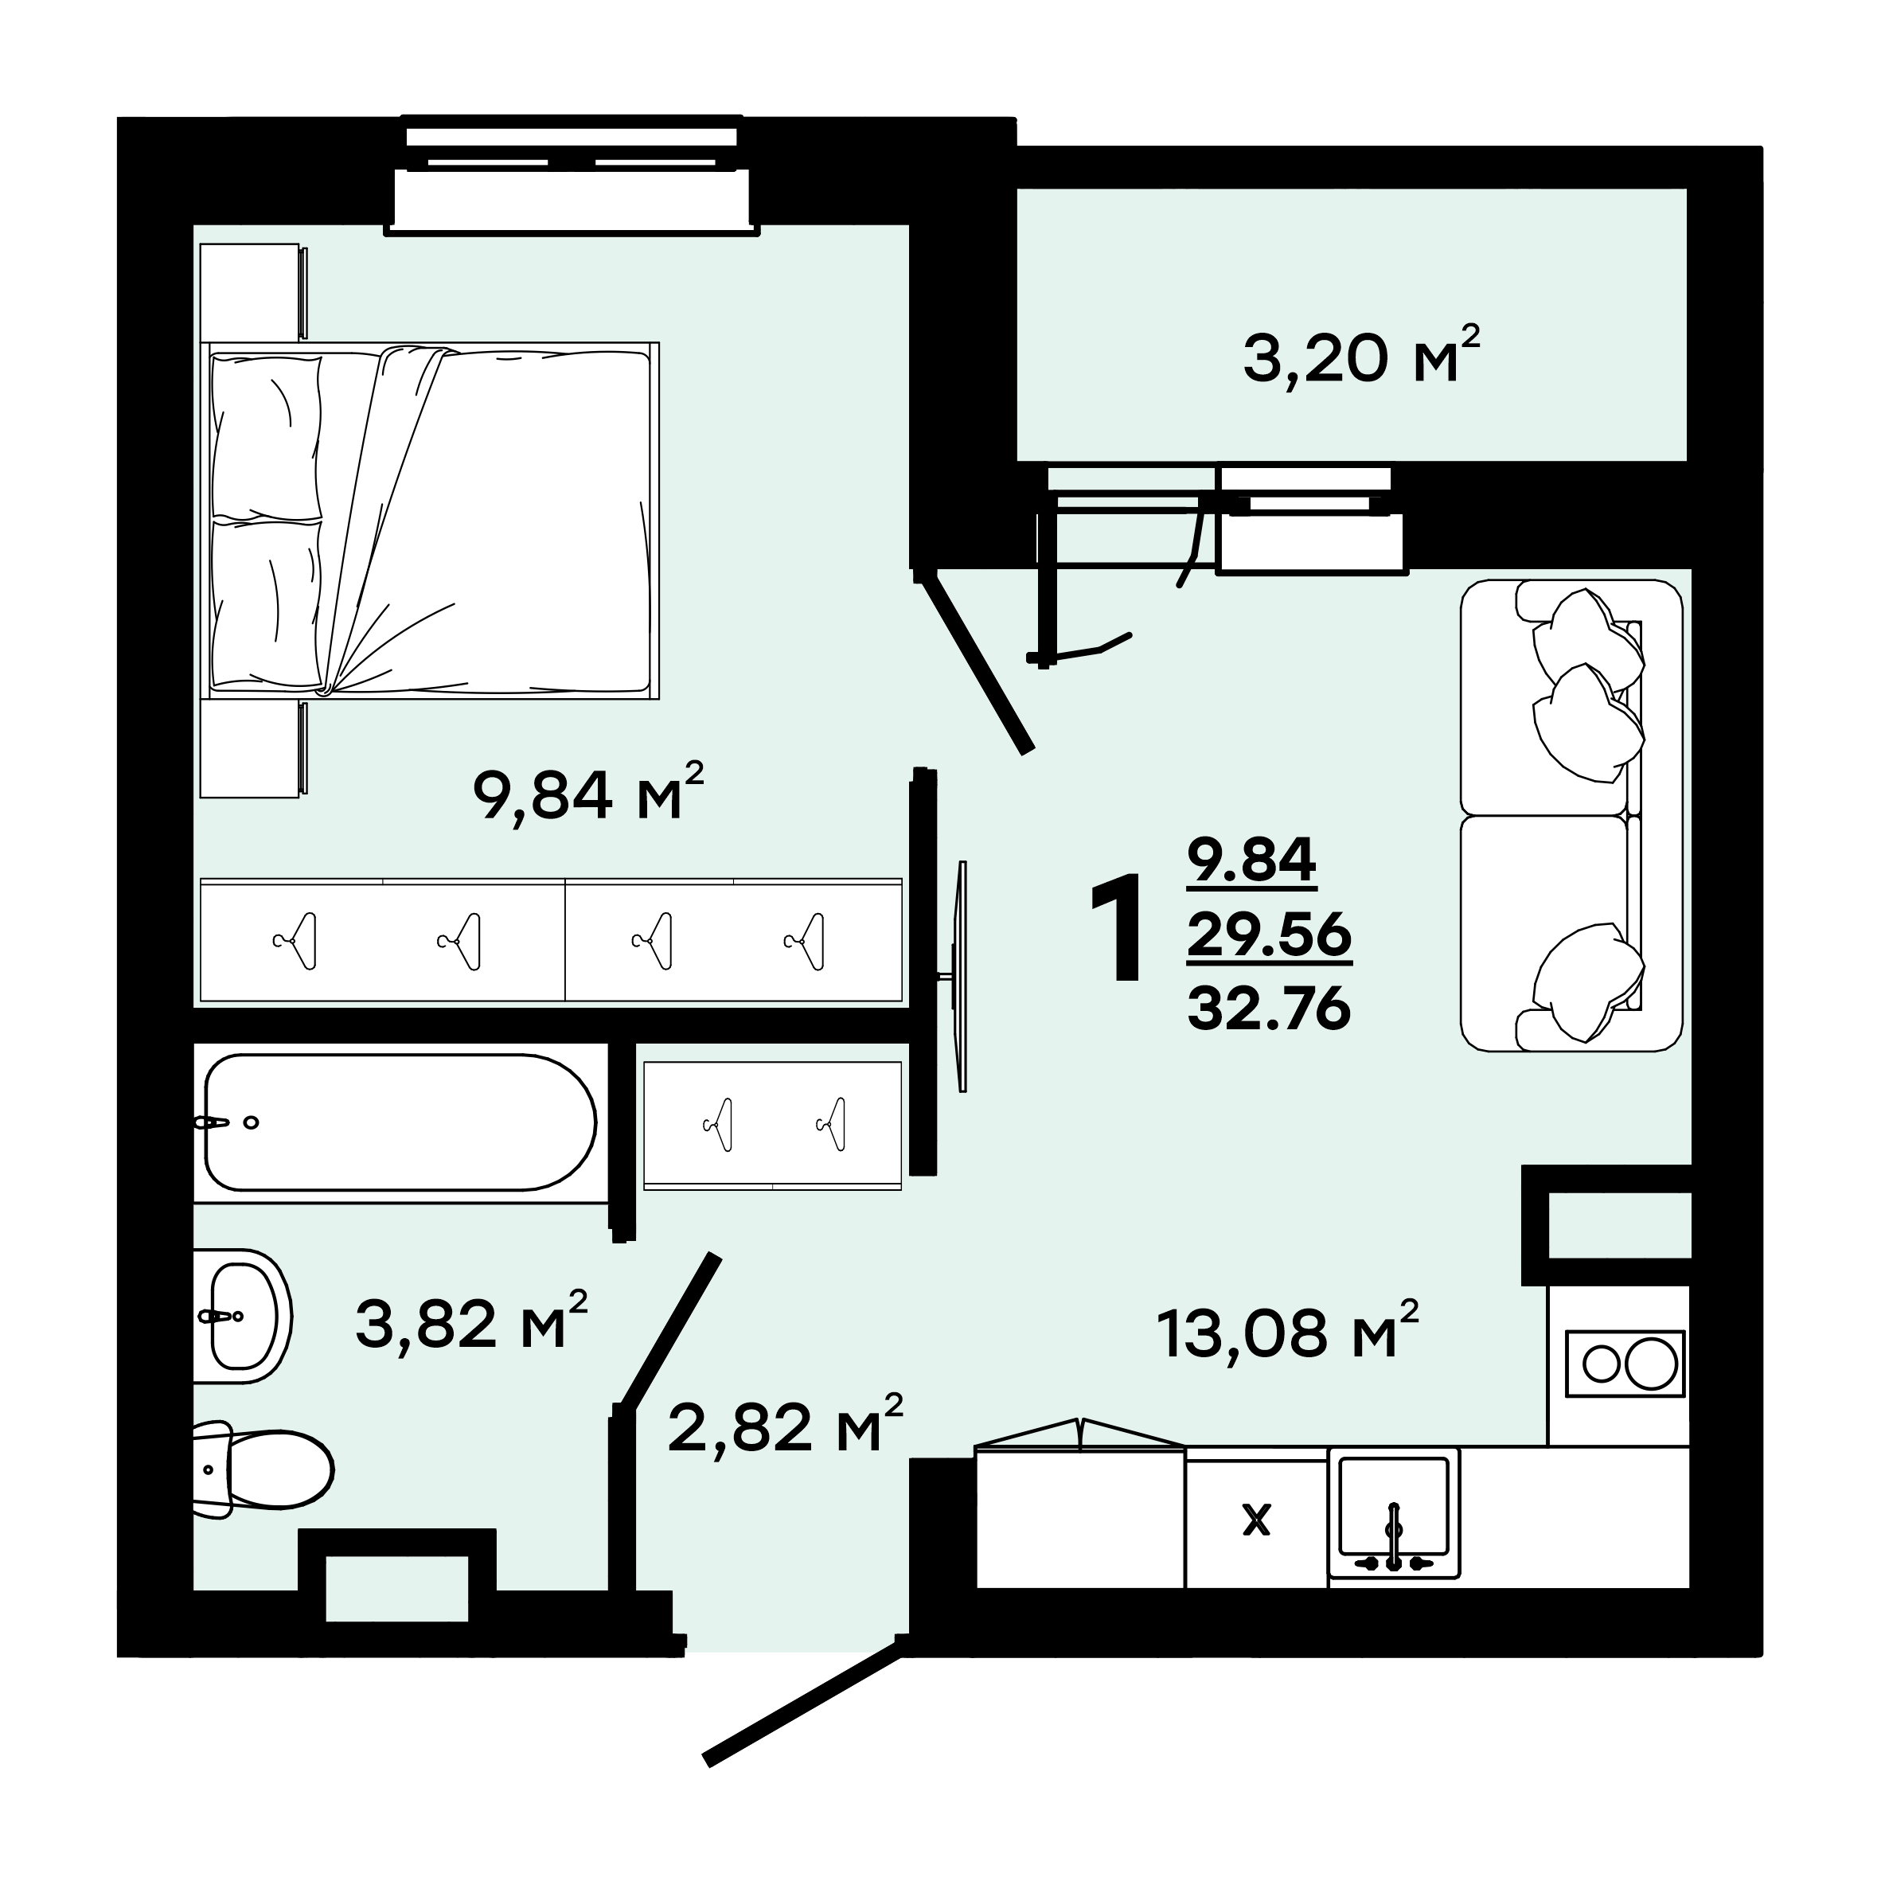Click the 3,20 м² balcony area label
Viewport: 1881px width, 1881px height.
(1361, 355)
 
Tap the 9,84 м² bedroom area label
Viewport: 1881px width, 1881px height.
(587, 793)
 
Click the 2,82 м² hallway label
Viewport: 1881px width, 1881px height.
(786, 1423)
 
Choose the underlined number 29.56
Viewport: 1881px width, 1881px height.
(1269, 935)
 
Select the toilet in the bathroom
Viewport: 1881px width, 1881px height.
(263, 1468)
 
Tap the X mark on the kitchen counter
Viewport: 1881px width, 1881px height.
(1257, 1520)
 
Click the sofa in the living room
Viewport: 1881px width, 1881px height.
(1571, 816)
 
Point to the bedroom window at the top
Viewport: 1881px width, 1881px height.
(572, 175)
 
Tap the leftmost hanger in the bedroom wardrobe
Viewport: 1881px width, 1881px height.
(295, 942)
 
